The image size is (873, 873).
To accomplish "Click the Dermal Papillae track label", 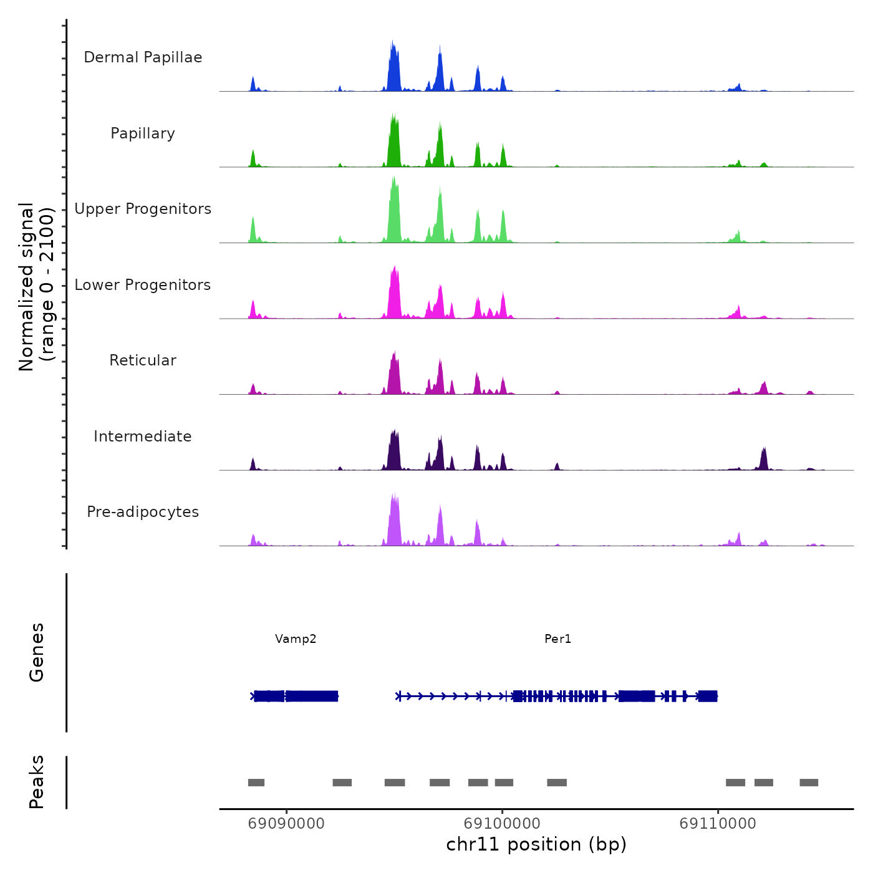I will tap(143, 57).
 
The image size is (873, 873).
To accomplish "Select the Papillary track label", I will tap(143, 133).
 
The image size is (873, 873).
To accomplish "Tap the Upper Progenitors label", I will tap(143, 209).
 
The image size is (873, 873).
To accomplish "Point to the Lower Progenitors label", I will tap(143, 285).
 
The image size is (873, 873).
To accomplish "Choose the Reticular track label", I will tap(143, 360).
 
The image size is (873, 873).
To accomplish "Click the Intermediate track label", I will tap(143, 436).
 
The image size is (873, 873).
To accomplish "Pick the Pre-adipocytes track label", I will tap(143, 512).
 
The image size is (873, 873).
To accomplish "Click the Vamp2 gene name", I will tap(296, 639).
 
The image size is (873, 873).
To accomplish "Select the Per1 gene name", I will tap(557, 639).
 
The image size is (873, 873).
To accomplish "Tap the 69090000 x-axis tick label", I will tap(286, 824).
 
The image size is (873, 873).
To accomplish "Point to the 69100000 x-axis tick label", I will tap(502, 824).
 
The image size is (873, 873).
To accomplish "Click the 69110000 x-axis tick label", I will tap(718, 824).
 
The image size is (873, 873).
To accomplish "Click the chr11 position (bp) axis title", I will tap(536, 844).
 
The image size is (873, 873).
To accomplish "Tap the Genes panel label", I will tap(37, 652).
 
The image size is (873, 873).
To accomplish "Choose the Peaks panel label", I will tap(37, 782).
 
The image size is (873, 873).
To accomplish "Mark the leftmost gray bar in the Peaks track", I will tap(256, 783).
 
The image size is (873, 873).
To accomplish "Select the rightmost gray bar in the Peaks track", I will tap(809, 783).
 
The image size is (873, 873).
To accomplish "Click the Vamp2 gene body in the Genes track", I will tap(296, 696).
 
